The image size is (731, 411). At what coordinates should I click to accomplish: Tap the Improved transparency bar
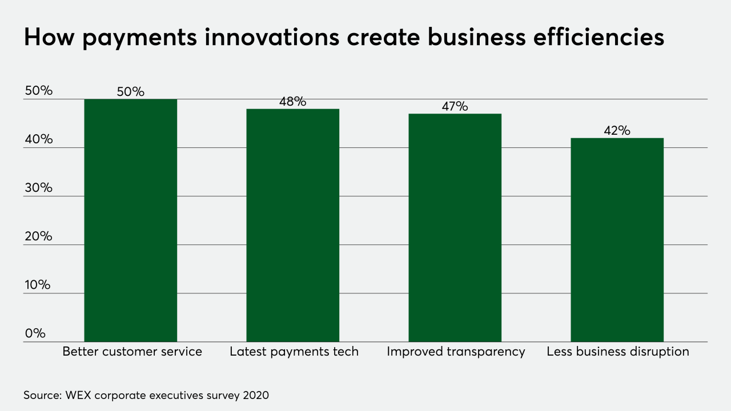(x=455, y=228)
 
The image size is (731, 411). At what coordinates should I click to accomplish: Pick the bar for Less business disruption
(x=617, y=240)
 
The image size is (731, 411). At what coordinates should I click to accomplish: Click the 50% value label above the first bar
(x=130, y=91)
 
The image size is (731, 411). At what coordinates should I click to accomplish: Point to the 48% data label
(x=292, y=102)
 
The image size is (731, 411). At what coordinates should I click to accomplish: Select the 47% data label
(x=455, y=106)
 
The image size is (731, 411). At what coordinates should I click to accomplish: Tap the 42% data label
(x=617, y=131)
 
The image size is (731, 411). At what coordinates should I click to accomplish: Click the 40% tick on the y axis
(x=38, y=139)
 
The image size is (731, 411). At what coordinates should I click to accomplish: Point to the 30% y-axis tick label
(x=38, y=188)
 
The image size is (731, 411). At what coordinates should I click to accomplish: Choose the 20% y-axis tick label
(x=38, y=236)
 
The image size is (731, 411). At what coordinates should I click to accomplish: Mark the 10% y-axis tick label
(x=38, y=285)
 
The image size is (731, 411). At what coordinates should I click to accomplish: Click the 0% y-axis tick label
(x=35, y=333)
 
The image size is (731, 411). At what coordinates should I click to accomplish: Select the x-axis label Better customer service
(x=132, y=352)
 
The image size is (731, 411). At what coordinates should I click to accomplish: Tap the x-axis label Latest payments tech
(x=294, y=352)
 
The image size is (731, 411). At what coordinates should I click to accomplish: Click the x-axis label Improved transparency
(x=456, y=352)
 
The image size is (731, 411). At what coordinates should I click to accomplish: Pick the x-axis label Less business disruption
(x=618, y=352)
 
